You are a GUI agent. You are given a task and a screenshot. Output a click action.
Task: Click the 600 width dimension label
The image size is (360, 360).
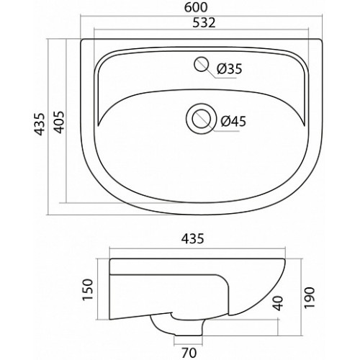pos(196,7)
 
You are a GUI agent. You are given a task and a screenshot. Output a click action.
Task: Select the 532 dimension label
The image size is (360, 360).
pos(204,22)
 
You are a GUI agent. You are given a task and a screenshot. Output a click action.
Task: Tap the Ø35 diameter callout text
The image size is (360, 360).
pos(229,69)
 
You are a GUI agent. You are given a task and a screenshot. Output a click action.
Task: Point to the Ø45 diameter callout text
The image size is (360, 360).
pos(233,121)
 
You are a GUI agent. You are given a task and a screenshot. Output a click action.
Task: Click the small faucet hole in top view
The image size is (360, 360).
pos(201,64)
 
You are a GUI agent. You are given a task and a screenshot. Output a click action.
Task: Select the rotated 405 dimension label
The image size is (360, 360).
pos(59,122)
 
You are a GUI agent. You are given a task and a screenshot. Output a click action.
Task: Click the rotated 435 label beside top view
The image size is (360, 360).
pos(40,124)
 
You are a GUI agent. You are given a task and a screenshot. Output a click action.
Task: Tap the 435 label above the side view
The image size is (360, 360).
pos(193,239)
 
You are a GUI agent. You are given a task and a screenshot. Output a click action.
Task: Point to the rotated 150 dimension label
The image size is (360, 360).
pos(87,289)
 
